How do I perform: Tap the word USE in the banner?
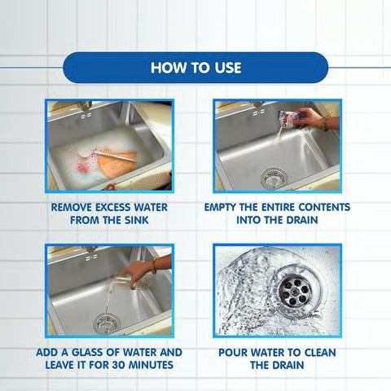tap(228, 68)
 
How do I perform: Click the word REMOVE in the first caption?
tap(72, 208)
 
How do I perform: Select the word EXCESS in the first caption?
tap(113, 208)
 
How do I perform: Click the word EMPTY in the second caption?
tap(220, 207)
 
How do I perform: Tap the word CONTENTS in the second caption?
tap(324, 207)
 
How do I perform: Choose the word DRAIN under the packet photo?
tap(301, 220)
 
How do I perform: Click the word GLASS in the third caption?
tap(87, 353)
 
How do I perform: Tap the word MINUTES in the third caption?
tap(151, 365)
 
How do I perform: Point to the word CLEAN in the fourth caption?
tap(320, 353)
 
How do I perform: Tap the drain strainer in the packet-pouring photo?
tap(275, 178)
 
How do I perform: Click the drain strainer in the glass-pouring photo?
tap(106, 323)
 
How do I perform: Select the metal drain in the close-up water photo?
tap(294, 290)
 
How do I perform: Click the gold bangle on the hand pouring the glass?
tap(154, 265)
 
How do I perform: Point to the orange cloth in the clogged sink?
tap(116, 163)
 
